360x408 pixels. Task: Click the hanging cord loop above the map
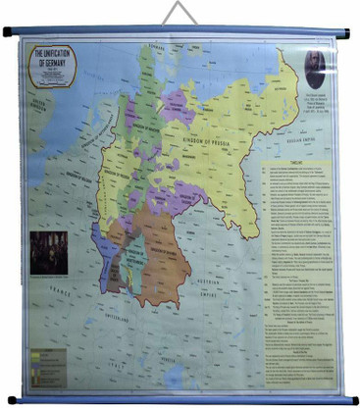point(179,14)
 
